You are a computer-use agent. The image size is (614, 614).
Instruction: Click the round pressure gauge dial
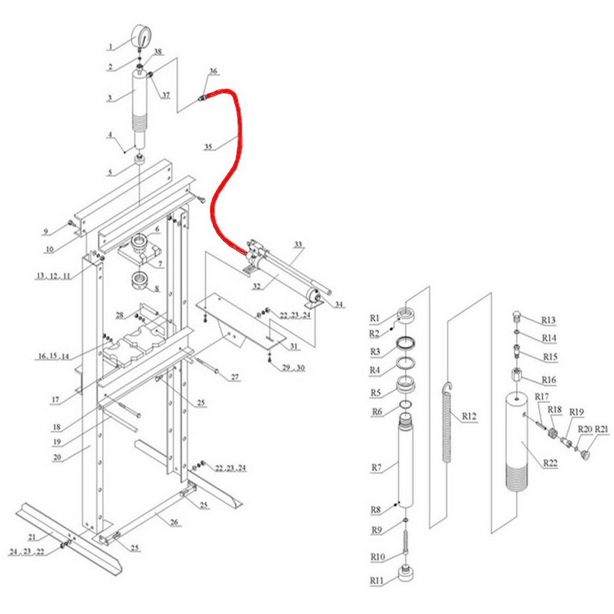(x=142, y=36)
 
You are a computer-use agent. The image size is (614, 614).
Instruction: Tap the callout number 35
(x=209, y=147)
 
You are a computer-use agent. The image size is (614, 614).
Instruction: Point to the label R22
(x=550, y=463)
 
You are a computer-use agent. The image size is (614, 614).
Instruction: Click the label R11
(x=376, y=580)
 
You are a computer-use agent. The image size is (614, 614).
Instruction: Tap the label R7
(x=376, y=467)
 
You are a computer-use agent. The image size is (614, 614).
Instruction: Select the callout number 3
(x=110, y=98)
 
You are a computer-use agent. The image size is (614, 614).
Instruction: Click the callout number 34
(x=340, y=304)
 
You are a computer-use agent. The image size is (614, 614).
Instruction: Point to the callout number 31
(x=293, y=346)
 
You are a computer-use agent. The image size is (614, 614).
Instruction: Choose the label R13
(x=548, y=320)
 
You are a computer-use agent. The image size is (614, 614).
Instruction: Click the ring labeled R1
(x=405, y=315)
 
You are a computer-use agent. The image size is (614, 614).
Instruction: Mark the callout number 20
(x=57, y=457)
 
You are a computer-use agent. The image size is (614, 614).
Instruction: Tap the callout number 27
(x=235, y=377)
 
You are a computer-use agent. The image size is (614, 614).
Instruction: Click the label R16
(x=549, y=379)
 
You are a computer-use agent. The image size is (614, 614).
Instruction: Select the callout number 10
(x=49, y=249)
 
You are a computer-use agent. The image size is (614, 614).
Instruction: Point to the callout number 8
(x=157, y=289)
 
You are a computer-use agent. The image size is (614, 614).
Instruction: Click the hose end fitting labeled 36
(x=203, y=97)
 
